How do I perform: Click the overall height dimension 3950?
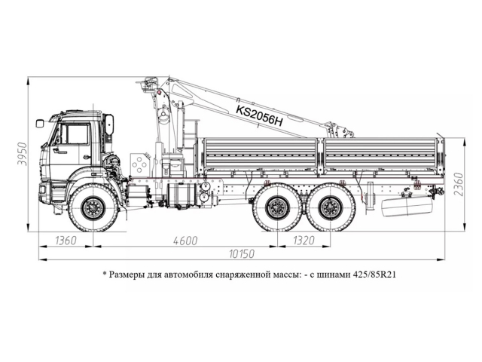22,155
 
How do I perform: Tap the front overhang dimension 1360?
66,241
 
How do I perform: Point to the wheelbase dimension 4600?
184,241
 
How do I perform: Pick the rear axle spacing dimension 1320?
303,241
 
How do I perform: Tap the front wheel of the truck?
93,207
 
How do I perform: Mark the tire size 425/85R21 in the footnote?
371,275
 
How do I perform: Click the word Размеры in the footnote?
130,275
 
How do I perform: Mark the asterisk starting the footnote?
104,274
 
